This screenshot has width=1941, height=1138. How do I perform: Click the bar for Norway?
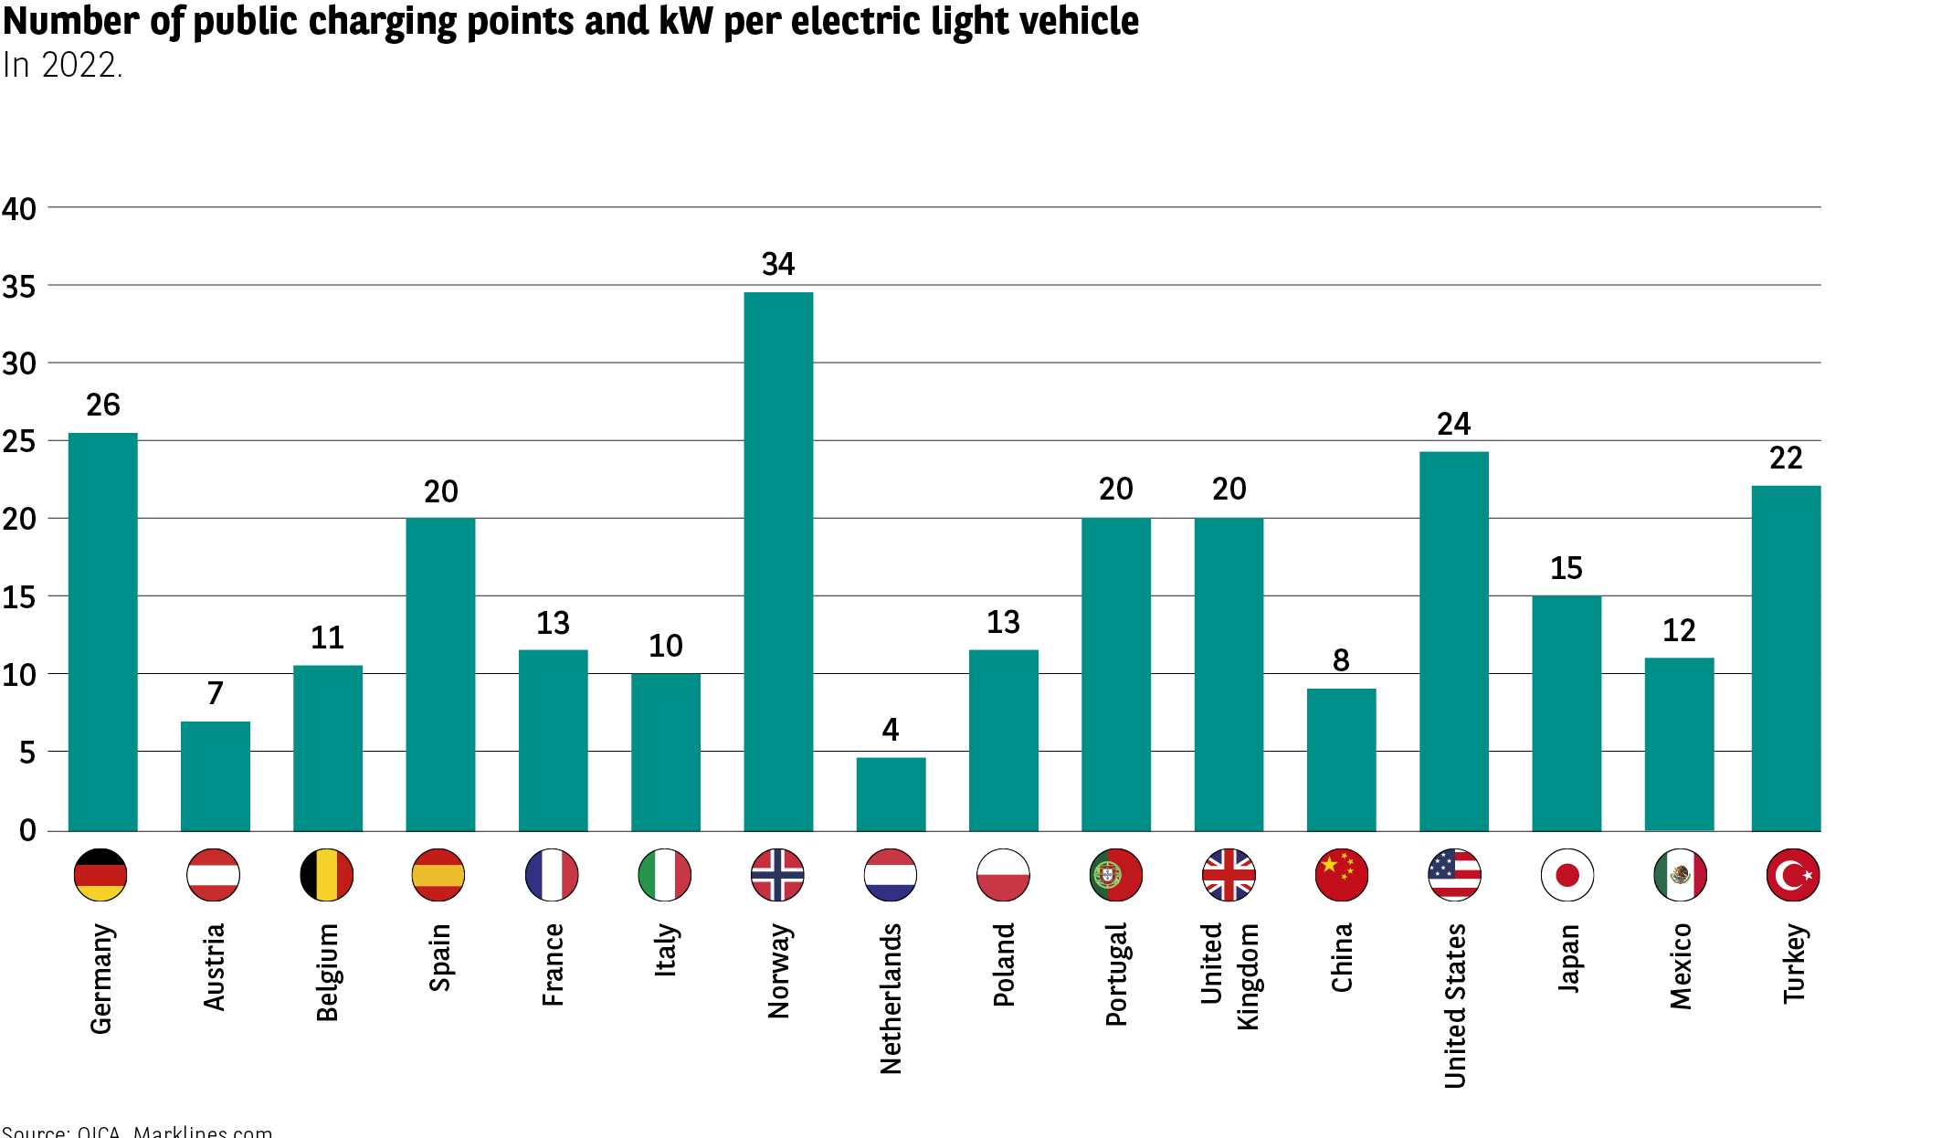click(x=778, y=562)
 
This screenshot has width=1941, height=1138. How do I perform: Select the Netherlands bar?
click(x=891, y=794)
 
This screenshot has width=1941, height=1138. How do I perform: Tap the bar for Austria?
click(x=216, y=776)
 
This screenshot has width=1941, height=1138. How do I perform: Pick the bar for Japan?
click(x=1567, y=713)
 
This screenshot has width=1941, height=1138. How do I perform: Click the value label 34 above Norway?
click(x=778, y=265)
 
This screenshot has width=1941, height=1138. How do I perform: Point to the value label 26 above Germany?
click(x=103, y=406)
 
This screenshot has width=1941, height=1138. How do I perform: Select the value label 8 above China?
click(x=1341, y=660)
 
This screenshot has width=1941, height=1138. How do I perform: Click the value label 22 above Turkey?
click(x=1786, y=458)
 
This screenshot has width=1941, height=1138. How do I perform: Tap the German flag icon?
click(x=100, y=875)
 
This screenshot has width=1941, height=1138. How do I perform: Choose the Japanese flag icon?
click(x=1567, y=875)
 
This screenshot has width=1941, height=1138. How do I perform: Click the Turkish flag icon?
click(x=1793, y=875)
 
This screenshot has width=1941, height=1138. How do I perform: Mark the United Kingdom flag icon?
click(x=1229, y=875)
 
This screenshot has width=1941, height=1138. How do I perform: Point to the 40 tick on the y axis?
click(x=19, y=209)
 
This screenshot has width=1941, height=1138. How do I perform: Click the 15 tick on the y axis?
click(x=19, y=598)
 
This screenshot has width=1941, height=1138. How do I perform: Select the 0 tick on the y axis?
click(x=27, y=831)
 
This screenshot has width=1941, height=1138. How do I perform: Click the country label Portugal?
click(x=1116, y=975)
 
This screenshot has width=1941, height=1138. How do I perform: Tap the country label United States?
click(x=1455, y=1006)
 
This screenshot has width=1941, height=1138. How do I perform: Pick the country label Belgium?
click(x=327, y=972)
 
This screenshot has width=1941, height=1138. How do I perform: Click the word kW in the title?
click(x=685, y=21)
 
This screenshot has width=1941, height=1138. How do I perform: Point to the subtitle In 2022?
click(x=62, y=66)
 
